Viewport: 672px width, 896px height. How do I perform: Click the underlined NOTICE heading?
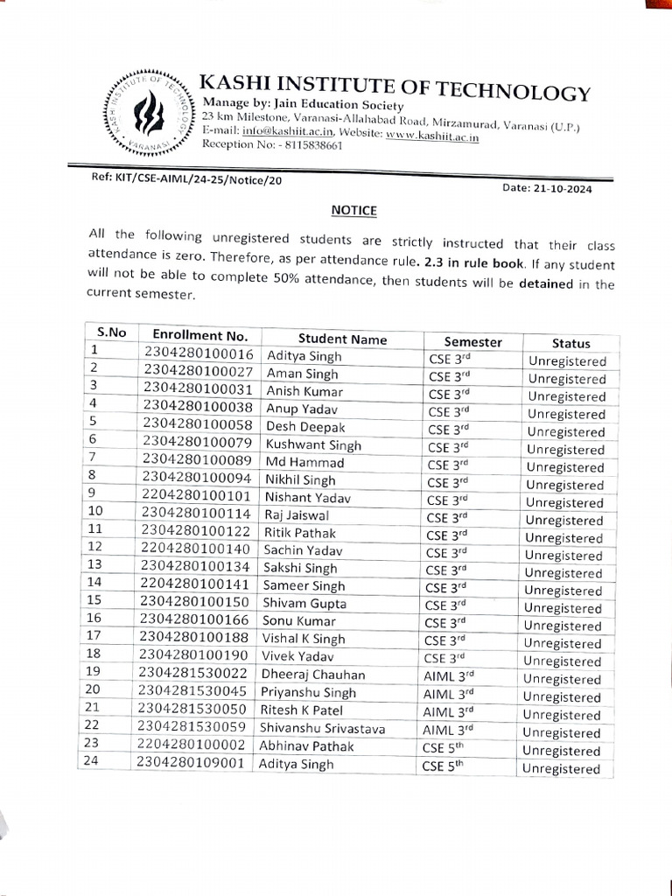pyautogui.click(x=353, y=210)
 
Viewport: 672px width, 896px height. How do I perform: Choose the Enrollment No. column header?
pyautogui.click(x=200, y=336)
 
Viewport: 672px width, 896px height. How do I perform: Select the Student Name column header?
pyautogui.click(x=342, y=339)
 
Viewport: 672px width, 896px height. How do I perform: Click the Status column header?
pyautogui.click(x=570, y=344)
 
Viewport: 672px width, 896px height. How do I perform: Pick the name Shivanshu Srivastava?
pyautogui.click(x=322, y=728)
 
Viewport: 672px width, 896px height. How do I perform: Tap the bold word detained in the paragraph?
pyautogui.click(x=548, y=284)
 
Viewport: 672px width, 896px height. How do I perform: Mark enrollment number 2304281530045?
pyautogui.click(x=194, y=692)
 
